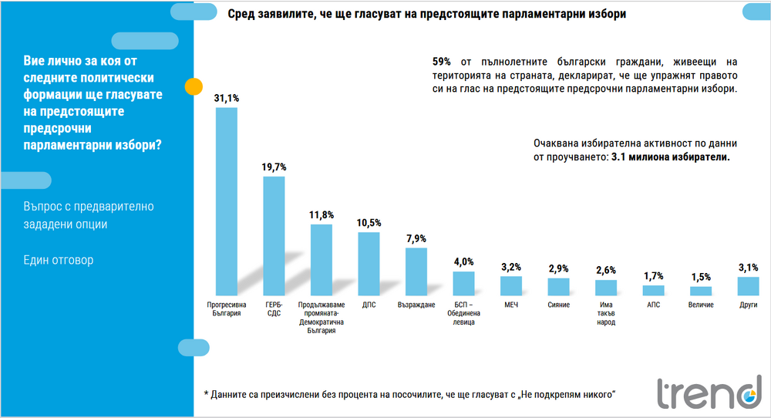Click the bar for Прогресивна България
tap(226, 201)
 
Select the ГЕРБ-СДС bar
tap(274, 236)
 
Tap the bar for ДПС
tap(369, 264)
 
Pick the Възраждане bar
tap(416, 271)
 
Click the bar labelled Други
tap(748, 286)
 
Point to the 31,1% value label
tap(227, 98)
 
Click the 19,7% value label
tap(274, 167)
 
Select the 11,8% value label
tap(322, 215)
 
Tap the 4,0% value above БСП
tap(463, 262)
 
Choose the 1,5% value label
tap(701, 278)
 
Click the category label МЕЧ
tap(510, 305)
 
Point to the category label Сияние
tap(558, 305)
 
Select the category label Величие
tap(701, 305)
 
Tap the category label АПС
tap(653, 305)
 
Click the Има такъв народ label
tap(606, 313)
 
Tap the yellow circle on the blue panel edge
tap(194, 86)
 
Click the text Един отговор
tap(59, 260)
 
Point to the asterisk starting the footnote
tap(207, 394)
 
